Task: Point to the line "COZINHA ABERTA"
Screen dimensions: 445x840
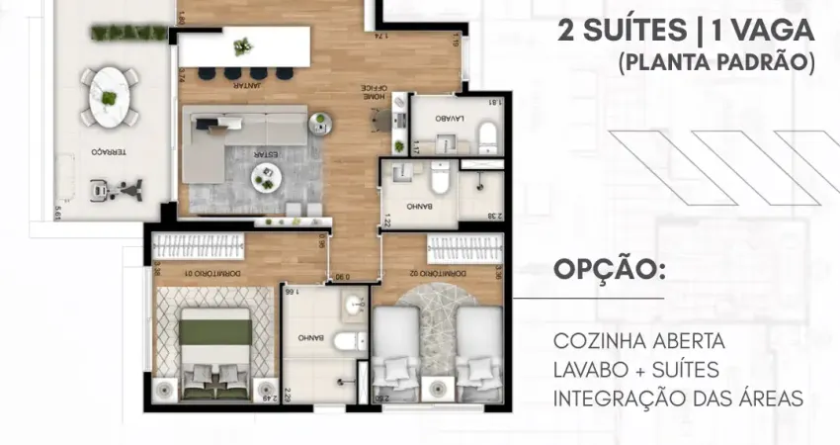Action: tap(639, 341)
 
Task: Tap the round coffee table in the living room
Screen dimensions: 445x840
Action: tap(266, 176)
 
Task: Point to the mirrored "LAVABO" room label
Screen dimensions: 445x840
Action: tap(451, 116)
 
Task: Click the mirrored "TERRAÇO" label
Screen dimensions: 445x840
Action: tap(107, 152)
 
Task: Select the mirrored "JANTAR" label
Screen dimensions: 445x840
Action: tap(246, 86)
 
